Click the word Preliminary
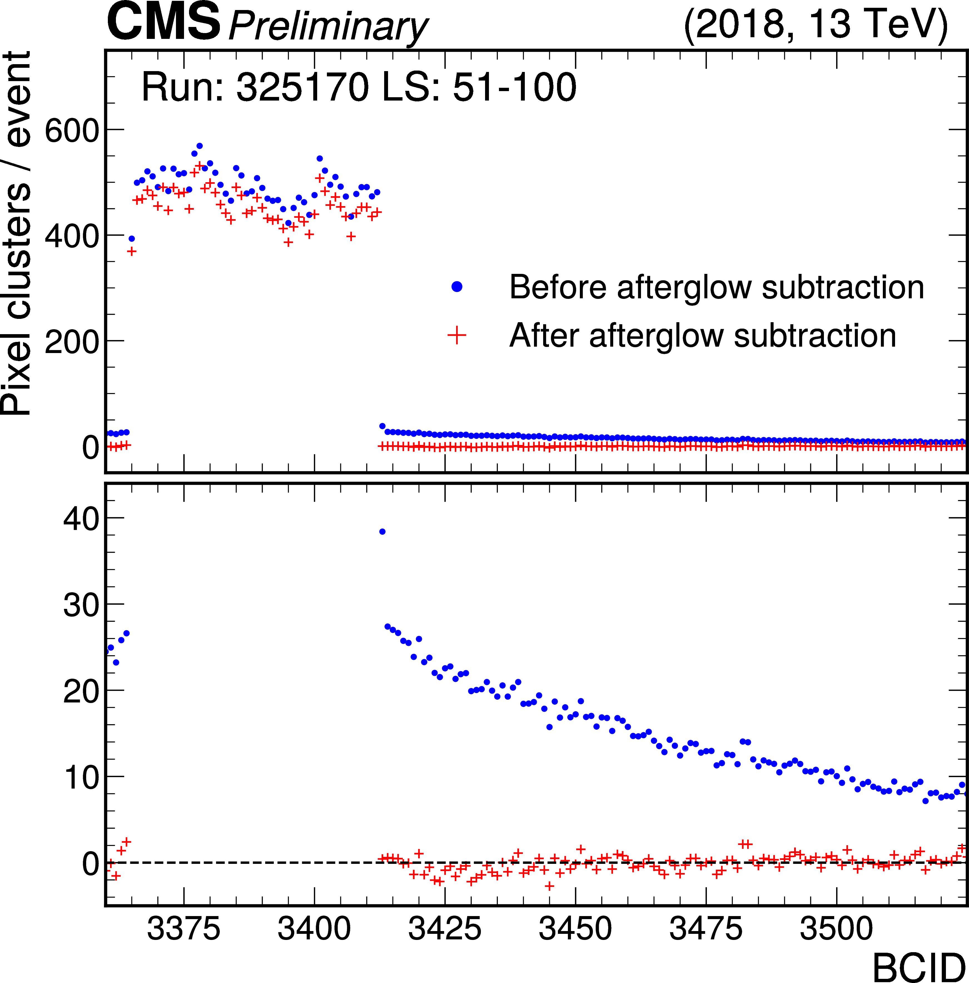coord(328,26)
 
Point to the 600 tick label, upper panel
coord(71,131)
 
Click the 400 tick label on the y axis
coord(71,236)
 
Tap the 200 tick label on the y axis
coord(71,342)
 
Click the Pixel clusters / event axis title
coord(16,234)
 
